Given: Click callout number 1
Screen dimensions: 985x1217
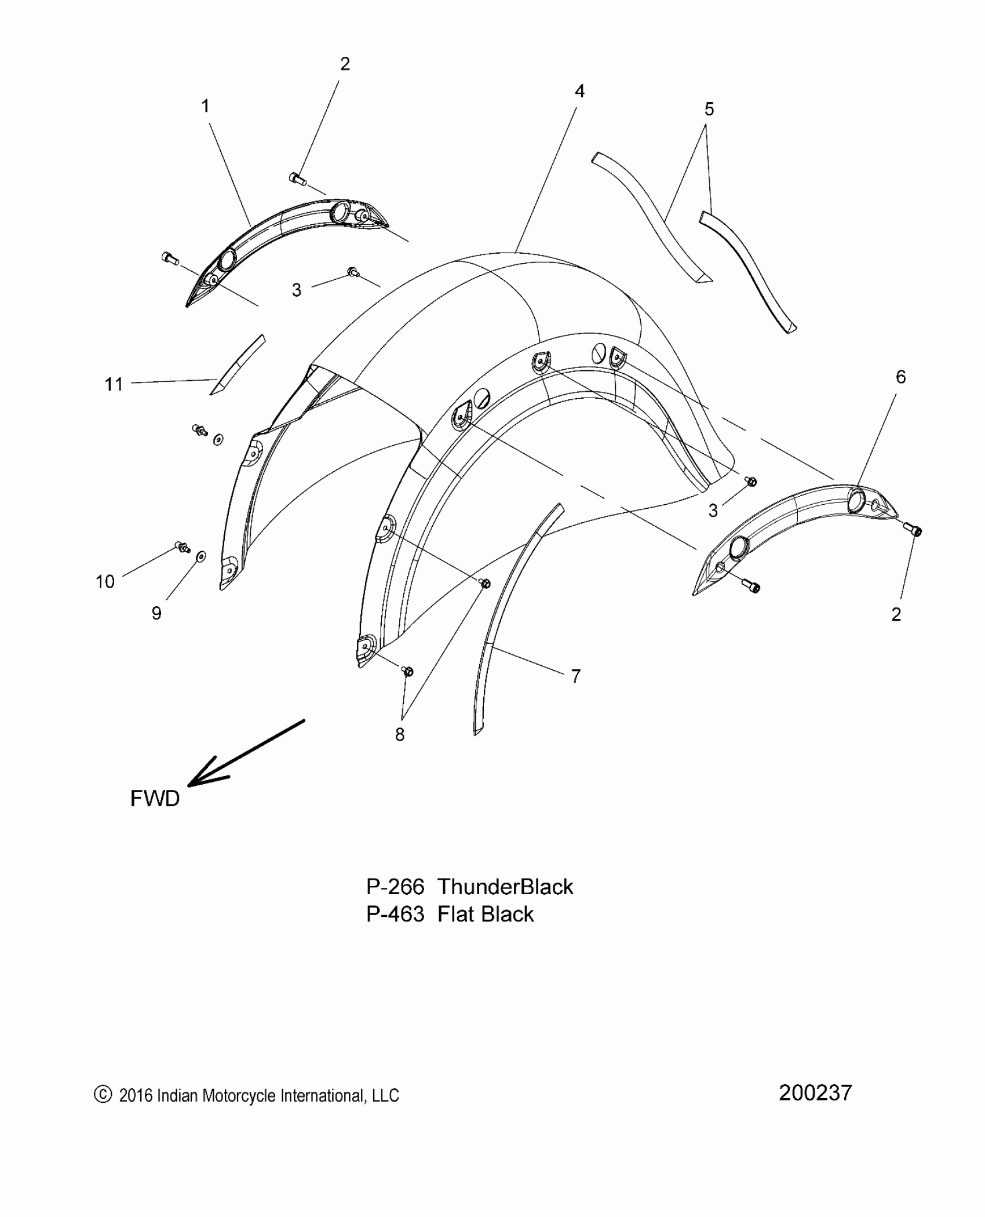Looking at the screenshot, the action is point(205,107).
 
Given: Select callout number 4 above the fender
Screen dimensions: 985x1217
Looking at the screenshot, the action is point(579,91).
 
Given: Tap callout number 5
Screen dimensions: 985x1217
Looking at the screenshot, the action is point(709,109).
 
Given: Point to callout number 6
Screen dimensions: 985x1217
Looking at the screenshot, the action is point(900,377).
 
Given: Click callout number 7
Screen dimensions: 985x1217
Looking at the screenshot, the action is point(575,676).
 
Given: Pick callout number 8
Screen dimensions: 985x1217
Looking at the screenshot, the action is point(400,734).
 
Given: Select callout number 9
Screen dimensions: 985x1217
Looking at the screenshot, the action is point(156,613).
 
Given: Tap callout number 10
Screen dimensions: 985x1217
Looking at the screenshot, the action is point(105,581).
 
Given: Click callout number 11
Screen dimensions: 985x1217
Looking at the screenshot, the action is point(114,384).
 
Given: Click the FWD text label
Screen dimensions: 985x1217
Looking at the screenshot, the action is point(155,799).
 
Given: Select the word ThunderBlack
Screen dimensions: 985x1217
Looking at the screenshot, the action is point(505,887).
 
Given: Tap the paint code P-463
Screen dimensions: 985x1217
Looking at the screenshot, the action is point(395,914).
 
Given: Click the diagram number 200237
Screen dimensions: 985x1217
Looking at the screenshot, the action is point(815,1093).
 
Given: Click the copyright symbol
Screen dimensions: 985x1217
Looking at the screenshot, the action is point(102,1094).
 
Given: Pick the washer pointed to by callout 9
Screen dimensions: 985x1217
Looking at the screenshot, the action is point(200,556).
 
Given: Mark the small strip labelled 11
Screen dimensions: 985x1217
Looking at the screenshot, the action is point(238,365).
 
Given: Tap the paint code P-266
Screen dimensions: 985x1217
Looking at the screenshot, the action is point(395,887).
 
